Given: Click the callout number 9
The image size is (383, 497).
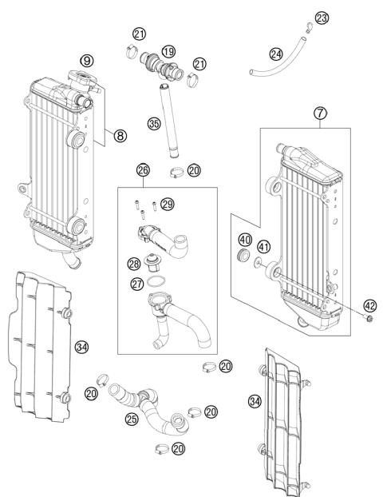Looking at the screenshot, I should pos(87,60).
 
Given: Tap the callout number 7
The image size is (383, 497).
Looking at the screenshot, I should pos(319,114).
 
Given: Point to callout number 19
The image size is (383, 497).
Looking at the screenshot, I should pos(168,50).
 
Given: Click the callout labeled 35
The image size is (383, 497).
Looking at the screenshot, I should pos(154,123).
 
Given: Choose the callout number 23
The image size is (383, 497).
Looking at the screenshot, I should pos(322,18).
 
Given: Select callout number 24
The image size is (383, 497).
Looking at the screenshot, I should pos(275,54).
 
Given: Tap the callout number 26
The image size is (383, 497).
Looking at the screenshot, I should pos(143,170).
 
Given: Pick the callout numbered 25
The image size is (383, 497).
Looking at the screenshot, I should pos(130,418).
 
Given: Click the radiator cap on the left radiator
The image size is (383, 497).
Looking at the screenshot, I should pos(78,79).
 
